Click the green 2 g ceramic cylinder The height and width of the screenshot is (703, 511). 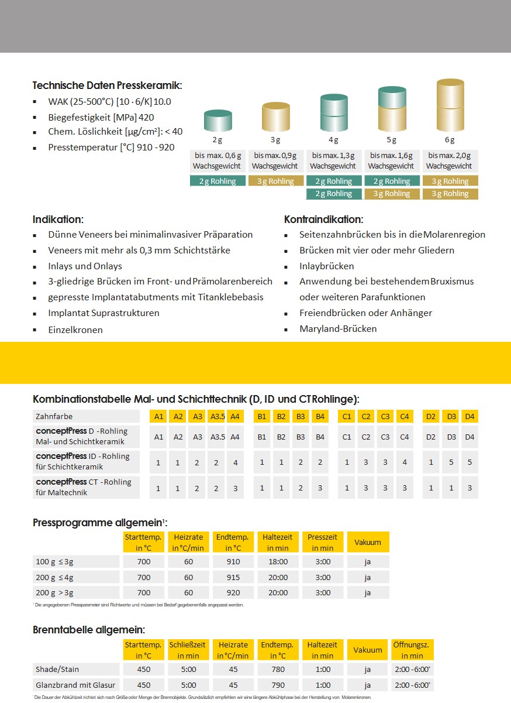tap(217, 121)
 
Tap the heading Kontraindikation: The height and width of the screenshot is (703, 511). tap(323, 220)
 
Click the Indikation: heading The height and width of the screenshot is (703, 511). tap(58, 220)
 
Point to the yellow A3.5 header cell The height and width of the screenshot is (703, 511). tap(217, 417)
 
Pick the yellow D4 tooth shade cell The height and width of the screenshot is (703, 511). tap(469, 417)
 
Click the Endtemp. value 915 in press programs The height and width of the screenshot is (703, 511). tap(233, 577)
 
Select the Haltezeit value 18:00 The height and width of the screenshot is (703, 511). tap(278, 562)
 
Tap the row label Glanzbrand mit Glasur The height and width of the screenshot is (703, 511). tap(75, 685)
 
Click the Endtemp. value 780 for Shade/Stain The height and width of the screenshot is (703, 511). tap(278, 669)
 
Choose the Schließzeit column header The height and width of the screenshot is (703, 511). tap(188, 650)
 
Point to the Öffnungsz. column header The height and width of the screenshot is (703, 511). tap(412, 650)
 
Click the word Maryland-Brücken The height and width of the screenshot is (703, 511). tap(338, 329)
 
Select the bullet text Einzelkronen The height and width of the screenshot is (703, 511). tap(75, 330)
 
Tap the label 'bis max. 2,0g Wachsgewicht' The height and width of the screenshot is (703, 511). tap(450, 161)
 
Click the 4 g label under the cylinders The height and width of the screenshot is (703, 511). tap(333, 140)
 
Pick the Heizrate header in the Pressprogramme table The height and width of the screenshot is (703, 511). tap(188, 542)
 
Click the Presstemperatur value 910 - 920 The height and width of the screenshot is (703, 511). tap(155, 148)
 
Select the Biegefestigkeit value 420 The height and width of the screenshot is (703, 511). tap(147, 116)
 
